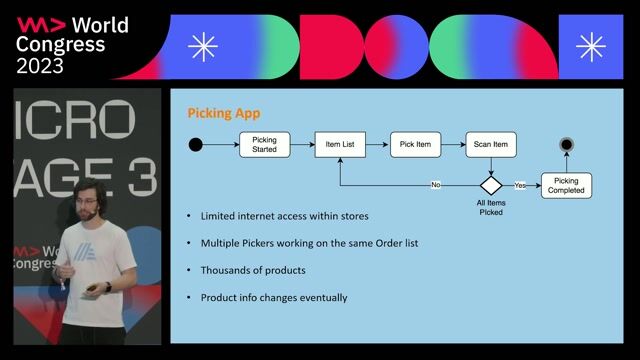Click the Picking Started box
[x=264, y=145]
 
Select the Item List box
[x=340, y=145]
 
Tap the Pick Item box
[x=415, y=145]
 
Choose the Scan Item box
[x=490, y=145]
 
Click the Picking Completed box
[x=566, y=185]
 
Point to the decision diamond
[x=490, y=185]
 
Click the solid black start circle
[x=196, y=145]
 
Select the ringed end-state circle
[x=566, y=145]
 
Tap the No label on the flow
[x=435, y=185]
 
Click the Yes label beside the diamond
[x=520, y=185]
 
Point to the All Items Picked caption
[x=490, y=208]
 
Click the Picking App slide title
[x=217, y=113]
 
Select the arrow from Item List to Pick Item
[x=377, y=145]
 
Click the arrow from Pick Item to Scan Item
[x=453, y=145]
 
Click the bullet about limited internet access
[x=283, y=216]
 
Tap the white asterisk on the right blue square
[x=591, y=47]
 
